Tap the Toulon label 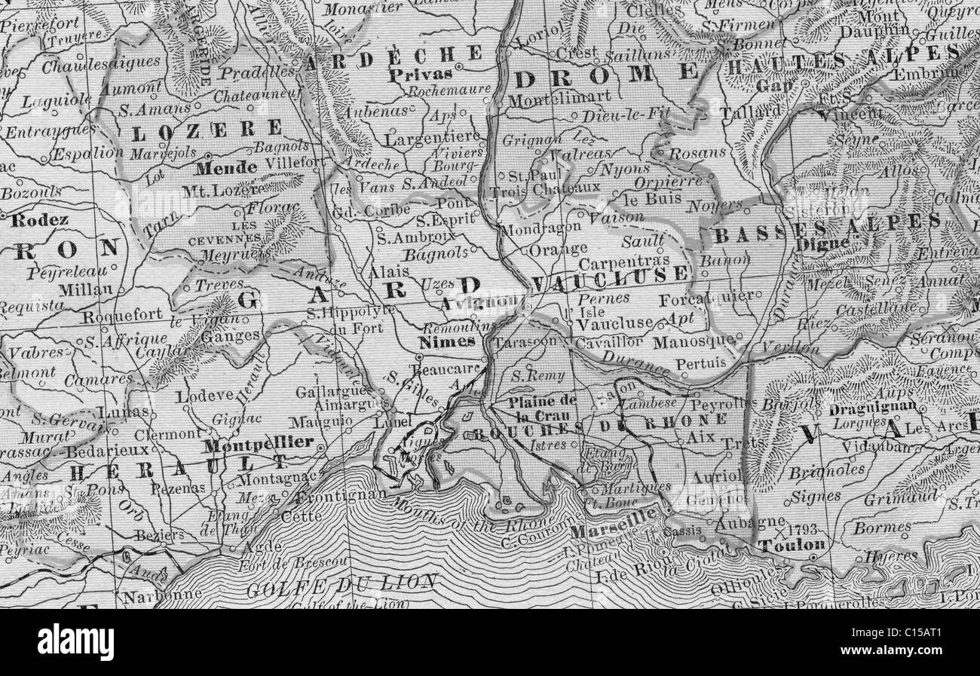click(x=792, y=545)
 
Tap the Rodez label click(x=35, y=220)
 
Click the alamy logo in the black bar click(x=75, y=642)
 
